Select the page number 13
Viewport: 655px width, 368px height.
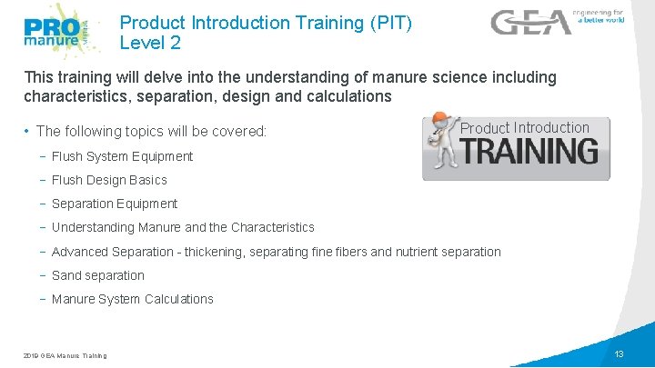click(619, 353)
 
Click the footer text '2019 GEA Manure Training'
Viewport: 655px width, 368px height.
click(65, 355)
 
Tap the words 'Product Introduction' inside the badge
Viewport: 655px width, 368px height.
click(524, 128)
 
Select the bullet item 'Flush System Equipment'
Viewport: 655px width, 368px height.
click(122, 156)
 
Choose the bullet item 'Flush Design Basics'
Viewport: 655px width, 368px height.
click(109, 180)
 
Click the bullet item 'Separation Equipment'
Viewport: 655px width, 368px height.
click(115, 204)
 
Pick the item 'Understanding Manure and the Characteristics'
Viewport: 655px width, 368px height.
click(183, 227)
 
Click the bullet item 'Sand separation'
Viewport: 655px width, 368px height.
click(98, 275)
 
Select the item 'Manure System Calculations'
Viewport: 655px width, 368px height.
click(133, 299)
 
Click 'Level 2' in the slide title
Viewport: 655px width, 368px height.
click(150, 42)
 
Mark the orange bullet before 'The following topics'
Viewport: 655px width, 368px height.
click(27, 132)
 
